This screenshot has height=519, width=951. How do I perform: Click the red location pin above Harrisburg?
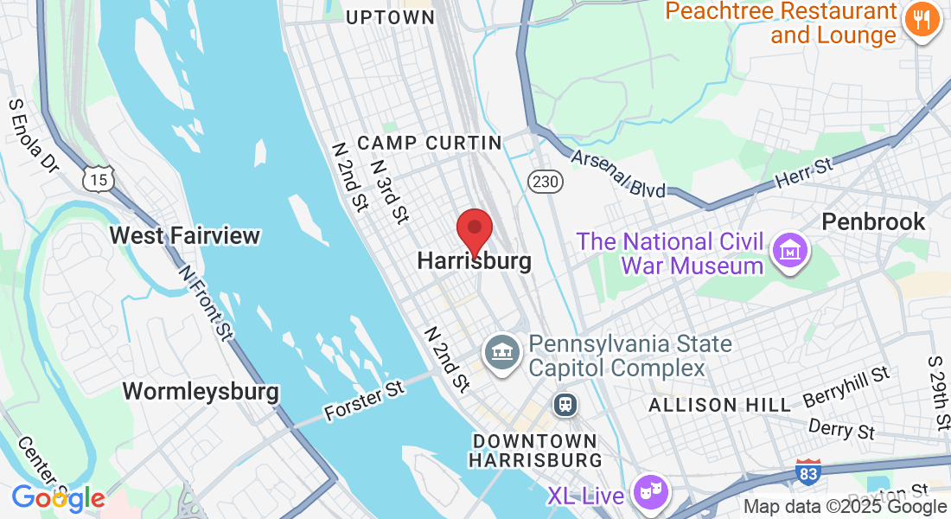474,230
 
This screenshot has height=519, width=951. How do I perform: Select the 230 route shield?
545,181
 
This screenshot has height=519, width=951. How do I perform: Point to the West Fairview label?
185,235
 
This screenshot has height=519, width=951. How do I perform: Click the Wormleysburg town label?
201,391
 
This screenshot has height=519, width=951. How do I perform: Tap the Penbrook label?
873,221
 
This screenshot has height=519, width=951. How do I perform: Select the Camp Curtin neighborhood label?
429,143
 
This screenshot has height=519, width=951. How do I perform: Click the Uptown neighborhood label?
390,17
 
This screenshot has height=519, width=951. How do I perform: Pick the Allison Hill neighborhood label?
719,405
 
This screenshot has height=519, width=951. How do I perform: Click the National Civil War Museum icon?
790,250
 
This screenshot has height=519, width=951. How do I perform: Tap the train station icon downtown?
565,404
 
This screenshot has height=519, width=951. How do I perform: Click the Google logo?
58,498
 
